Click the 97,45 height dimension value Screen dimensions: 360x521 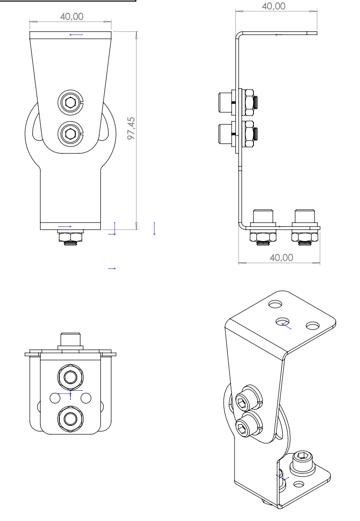pos(132,128)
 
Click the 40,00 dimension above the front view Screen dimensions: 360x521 pos(72,17)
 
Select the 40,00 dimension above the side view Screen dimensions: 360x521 pos(274,6)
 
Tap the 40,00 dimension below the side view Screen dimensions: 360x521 pos(281,258)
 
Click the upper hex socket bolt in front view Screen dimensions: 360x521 pos(71,103)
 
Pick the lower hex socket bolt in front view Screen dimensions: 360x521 pos(71,134)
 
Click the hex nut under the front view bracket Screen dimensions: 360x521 pos(71,237)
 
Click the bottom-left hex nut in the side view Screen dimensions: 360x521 pos(263,237)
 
